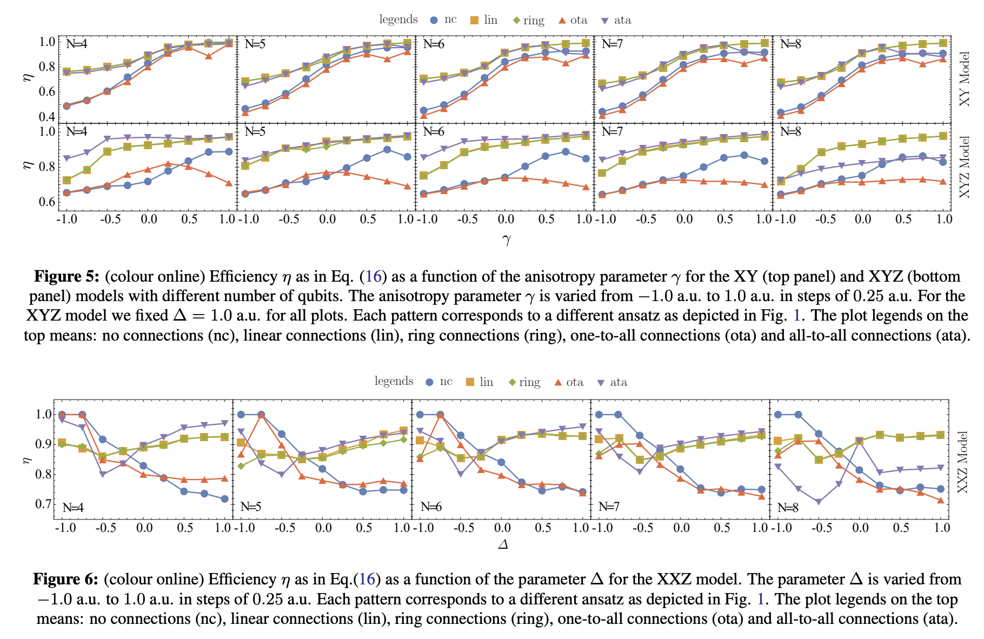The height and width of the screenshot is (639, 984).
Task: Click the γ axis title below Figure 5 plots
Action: click(506, 239)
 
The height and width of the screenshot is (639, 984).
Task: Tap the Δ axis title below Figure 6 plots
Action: click(503, 544)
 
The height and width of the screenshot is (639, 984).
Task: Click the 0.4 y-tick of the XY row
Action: click(48, 117)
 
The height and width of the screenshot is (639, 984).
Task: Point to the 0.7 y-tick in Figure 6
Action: click(43, 504)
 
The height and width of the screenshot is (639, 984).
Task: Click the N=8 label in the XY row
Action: click(790, 44)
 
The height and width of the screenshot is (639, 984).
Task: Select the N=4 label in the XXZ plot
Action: click(73, 508)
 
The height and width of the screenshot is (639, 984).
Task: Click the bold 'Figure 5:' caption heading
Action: click(67, 277)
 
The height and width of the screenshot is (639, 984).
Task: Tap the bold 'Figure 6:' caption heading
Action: click(65, 580)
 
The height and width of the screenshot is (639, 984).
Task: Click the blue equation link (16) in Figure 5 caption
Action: click(373, 277)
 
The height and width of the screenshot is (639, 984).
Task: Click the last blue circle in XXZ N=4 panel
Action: click(224, 499)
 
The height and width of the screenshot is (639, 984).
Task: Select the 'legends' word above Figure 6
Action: click(394, 381)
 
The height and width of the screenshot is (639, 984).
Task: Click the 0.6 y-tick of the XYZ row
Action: click(48, 202)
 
